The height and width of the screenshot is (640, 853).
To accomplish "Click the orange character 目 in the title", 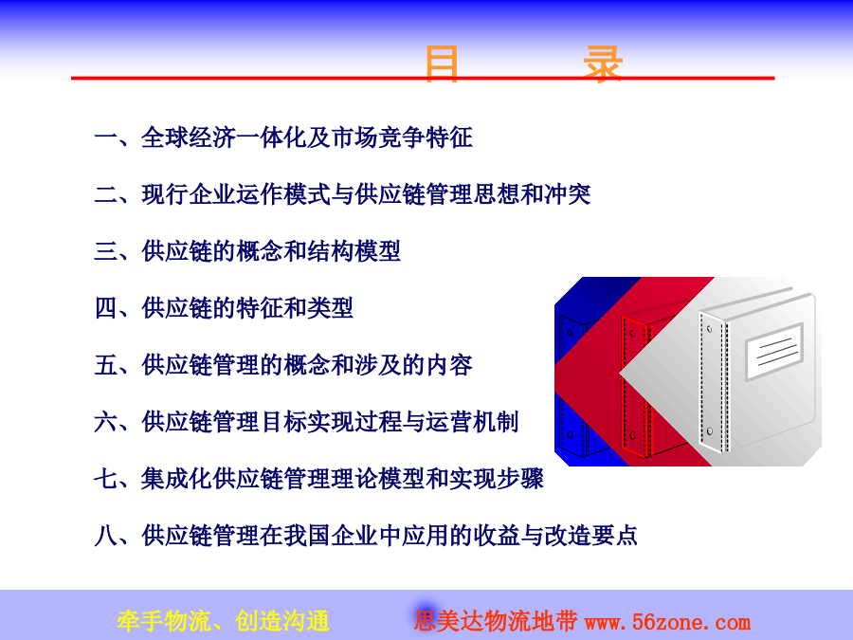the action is coord(441,64).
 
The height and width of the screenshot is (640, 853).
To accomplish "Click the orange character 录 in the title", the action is coord(603,64).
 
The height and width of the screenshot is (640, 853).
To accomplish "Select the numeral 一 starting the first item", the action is coord(105,137).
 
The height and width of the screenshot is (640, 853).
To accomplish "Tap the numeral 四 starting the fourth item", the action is coord(105,308).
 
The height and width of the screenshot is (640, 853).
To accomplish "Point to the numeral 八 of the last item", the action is coord(105,536).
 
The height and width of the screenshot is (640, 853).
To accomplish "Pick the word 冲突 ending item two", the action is coord(567,194).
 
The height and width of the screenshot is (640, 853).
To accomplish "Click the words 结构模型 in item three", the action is coord(354,251).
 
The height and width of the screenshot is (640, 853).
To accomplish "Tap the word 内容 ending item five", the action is coord(449,365).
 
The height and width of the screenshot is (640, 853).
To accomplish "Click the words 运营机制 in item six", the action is coord(472,422).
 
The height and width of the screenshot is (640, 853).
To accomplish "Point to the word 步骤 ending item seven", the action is coord(519,479).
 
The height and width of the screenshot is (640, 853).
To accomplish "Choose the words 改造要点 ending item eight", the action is coord(590,536).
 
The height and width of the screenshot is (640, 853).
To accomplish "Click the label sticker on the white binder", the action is coord(774,351).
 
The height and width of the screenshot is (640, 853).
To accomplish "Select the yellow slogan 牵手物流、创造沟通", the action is coord(223,621).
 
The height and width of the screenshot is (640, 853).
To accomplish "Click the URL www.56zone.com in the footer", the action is coord(667,621).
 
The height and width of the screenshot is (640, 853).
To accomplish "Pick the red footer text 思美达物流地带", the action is coord(496,621).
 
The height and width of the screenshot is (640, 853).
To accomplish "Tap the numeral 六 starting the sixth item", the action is coord(105,422).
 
